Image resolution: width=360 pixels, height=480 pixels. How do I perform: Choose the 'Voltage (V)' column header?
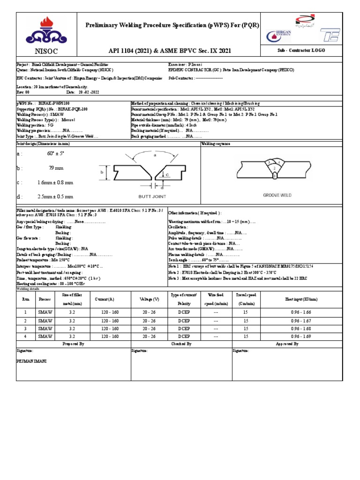coord(150,299)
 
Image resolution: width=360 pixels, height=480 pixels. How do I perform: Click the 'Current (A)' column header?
coord(105,299)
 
